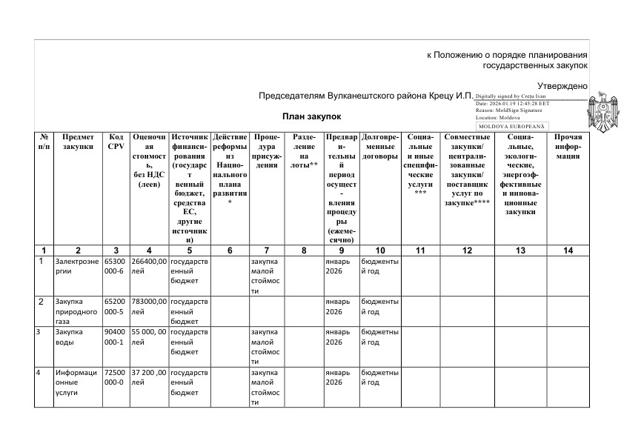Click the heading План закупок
point(311,116)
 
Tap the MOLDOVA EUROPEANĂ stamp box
point(511,127)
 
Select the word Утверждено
point(562,86)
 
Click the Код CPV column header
point(116,142)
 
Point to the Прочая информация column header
point(568,147)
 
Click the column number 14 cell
point(568,251)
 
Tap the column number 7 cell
point(265,251)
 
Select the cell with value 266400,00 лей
point(148,266)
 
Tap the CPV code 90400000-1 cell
point(116,337)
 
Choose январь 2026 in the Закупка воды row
point(340,337)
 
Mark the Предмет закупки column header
point(78,142)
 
